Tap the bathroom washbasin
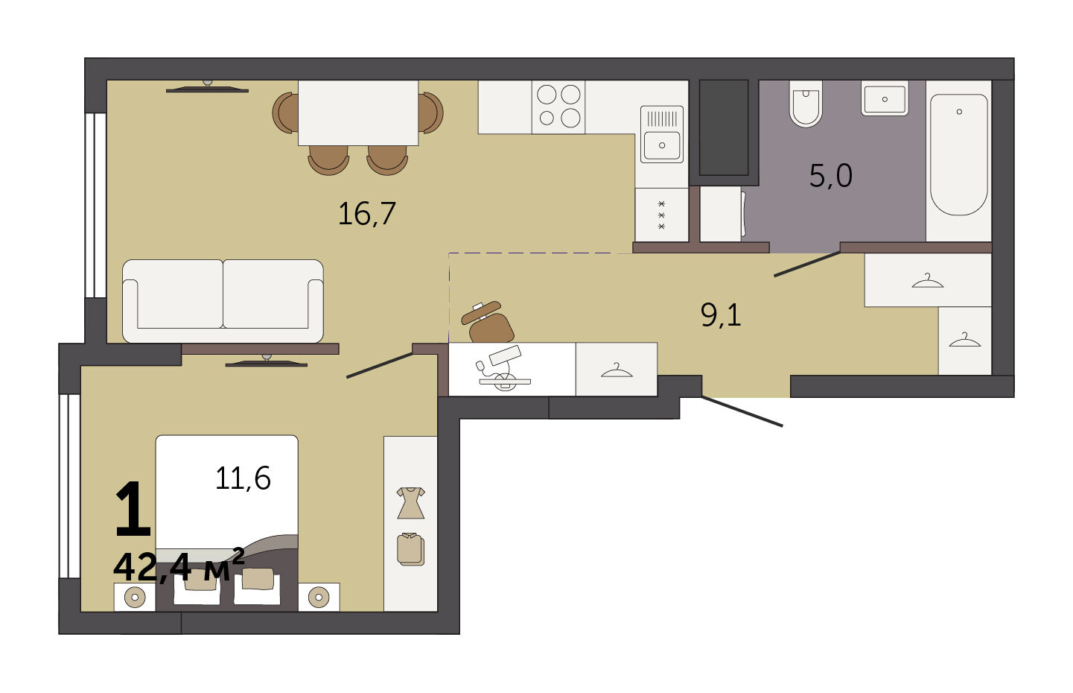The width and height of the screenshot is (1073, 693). coord(885,98)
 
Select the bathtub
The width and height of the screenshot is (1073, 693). coord(958,155)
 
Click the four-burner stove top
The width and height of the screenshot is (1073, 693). coord(558,107)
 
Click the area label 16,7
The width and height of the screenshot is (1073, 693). coord(367,214)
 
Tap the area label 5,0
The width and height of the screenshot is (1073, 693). coord(830,176)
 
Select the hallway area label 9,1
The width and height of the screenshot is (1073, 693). coord(721,315)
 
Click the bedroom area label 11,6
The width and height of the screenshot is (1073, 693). coord(243,478)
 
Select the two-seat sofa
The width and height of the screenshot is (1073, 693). coord(223,301)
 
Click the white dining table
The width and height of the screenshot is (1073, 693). coord(358,113)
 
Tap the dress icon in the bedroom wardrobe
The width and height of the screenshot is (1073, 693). coord(410,503)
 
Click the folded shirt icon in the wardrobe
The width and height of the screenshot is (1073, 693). coord(410,549)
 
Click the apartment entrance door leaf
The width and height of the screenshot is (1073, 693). coord(742,411)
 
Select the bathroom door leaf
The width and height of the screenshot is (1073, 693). coord(807,264)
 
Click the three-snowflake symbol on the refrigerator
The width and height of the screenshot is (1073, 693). coord(661,215)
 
